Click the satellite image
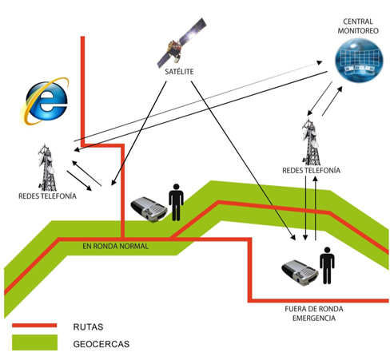[x=181, y=42]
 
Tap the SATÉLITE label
[x=179, y=72]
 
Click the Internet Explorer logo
[x=45, y=101]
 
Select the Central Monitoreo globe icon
[x=359, y=60]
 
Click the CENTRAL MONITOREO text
[x=358, y=26]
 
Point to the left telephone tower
[x=47, y=167]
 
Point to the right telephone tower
[x=311, y=141]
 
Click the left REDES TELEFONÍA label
[x=47, y=196]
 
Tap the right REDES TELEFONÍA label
[x=312, y=170]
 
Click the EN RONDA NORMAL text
[x=115, y=246]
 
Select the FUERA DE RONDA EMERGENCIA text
[x=314, y=314]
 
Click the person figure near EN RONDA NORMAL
[x=176, y=202]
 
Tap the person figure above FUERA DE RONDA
[x=327, y=265]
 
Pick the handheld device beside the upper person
[x=149, y=209]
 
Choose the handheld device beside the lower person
[x=300, y=272]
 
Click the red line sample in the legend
[x=34, y=325]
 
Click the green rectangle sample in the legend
[x=34, y=342]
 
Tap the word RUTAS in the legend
[x=88, y=326]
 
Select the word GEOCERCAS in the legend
[x=101, y=344]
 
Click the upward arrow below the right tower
[x=316, y=209]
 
